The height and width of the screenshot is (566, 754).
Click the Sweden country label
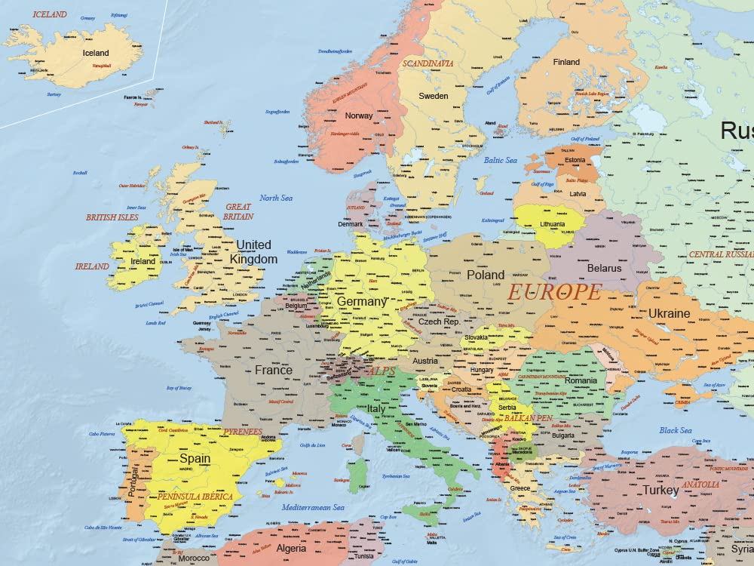[434, 96]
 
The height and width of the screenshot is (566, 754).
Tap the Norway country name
[359, 115]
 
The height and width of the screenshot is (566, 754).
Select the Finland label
[566, 62]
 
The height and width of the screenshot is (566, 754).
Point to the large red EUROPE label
[554, 292]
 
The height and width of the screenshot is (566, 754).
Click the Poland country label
[486, 275]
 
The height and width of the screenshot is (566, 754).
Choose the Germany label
[361, 301]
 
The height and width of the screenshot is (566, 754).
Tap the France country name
[274, 371]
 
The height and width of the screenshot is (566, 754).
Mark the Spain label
[195, 459]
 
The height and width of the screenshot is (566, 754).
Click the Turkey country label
[661, 491]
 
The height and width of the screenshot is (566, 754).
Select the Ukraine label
[669, 313]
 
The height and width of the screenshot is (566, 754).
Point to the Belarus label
[604, 268]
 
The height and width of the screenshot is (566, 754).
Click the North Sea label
[276, 198]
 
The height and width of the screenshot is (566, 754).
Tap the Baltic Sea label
[500, 160]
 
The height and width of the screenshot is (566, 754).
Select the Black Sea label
[676, 431]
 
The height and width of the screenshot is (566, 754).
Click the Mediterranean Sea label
[313, 507]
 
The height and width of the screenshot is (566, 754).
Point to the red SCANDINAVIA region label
[428, 64]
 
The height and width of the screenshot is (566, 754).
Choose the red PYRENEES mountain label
[243, 432]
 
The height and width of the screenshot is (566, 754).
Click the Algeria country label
[291, 549]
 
